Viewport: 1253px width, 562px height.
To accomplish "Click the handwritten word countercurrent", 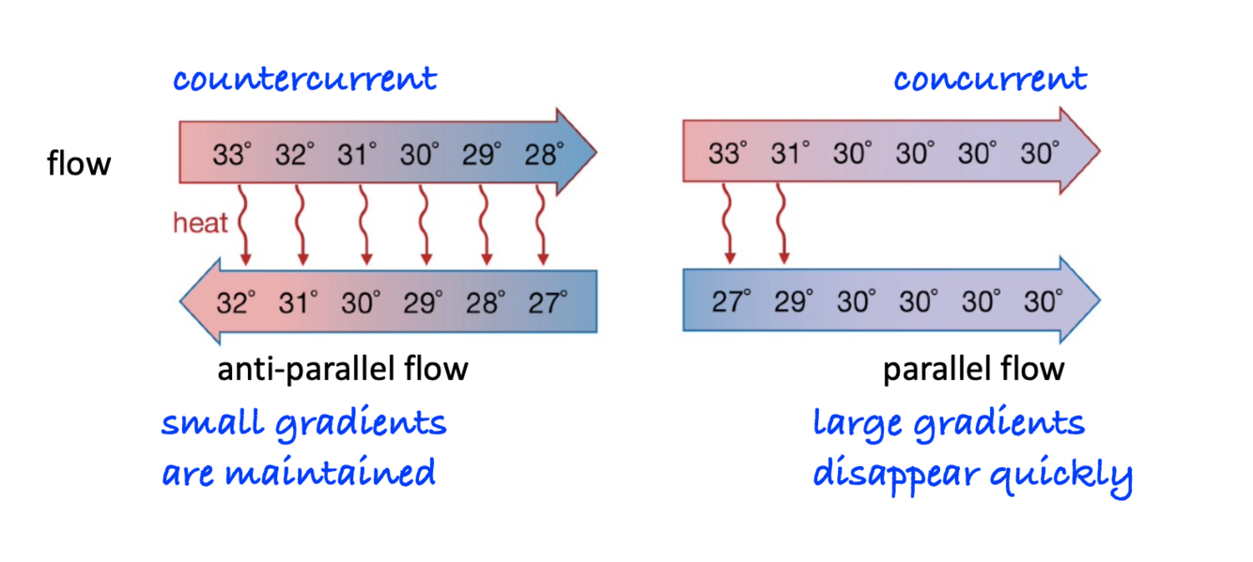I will click(304, 79).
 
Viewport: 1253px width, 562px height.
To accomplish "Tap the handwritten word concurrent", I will click(989, 79).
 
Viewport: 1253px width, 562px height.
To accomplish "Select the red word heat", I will click(200, 222).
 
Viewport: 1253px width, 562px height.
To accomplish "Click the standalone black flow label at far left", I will click(79, 163).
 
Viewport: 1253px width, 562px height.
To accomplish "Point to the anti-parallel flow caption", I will click(342, 369).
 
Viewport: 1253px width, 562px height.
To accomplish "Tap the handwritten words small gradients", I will click(303, 424).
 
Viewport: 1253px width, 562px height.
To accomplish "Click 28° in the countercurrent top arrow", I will click(545, 152).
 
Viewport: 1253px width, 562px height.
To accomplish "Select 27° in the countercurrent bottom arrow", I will click(548, 301).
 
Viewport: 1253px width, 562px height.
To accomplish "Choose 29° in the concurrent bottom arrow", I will click(793, 301).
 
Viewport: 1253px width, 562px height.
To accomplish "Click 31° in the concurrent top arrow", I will click(790, 152).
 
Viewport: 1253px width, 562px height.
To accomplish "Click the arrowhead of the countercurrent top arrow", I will click(575, 151).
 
